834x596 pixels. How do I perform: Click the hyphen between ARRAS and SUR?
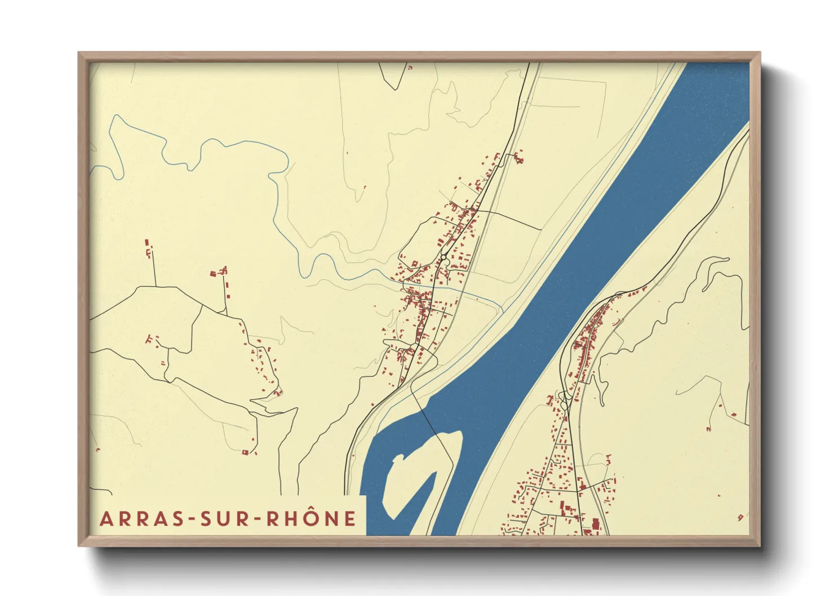click(193, 519)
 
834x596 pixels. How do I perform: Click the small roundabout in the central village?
click(444, 257)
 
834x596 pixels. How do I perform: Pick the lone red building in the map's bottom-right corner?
click(740, 517)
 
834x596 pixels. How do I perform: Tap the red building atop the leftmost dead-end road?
click(148, 242)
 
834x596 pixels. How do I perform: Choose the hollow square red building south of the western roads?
click(245, 452)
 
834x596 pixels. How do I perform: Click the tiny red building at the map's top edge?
click(410, 68)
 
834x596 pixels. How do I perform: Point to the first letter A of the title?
click(105, 519)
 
